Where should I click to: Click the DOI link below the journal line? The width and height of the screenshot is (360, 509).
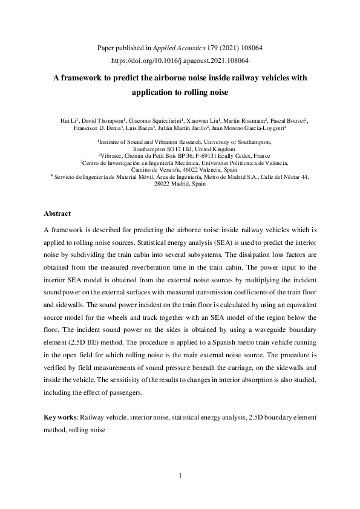tap(181, 60)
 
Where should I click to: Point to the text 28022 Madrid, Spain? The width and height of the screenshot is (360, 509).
tap(180, 183)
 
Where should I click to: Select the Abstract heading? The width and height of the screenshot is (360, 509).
tap(58, 213)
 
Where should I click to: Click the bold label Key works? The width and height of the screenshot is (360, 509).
tap(61, 417)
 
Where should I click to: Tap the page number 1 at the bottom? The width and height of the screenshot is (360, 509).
tap(180, 475)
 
